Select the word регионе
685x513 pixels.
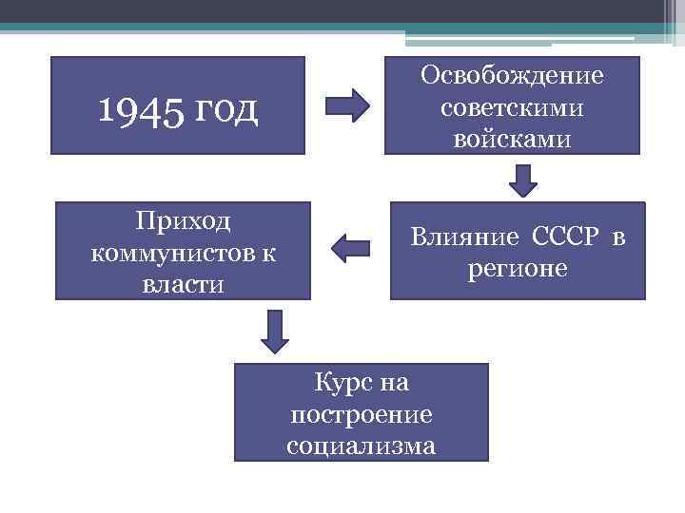point(517,269)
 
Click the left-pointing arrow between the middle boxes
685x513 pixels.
point(350,250)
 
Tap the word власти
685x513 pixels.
point(184,284)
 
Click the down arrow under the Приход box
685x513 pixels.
point(276,331)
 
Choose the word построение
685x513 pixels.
point(362,415)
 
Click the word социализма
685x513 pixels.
point(362,446)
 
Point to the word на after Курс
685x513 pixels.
point(393,384)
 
